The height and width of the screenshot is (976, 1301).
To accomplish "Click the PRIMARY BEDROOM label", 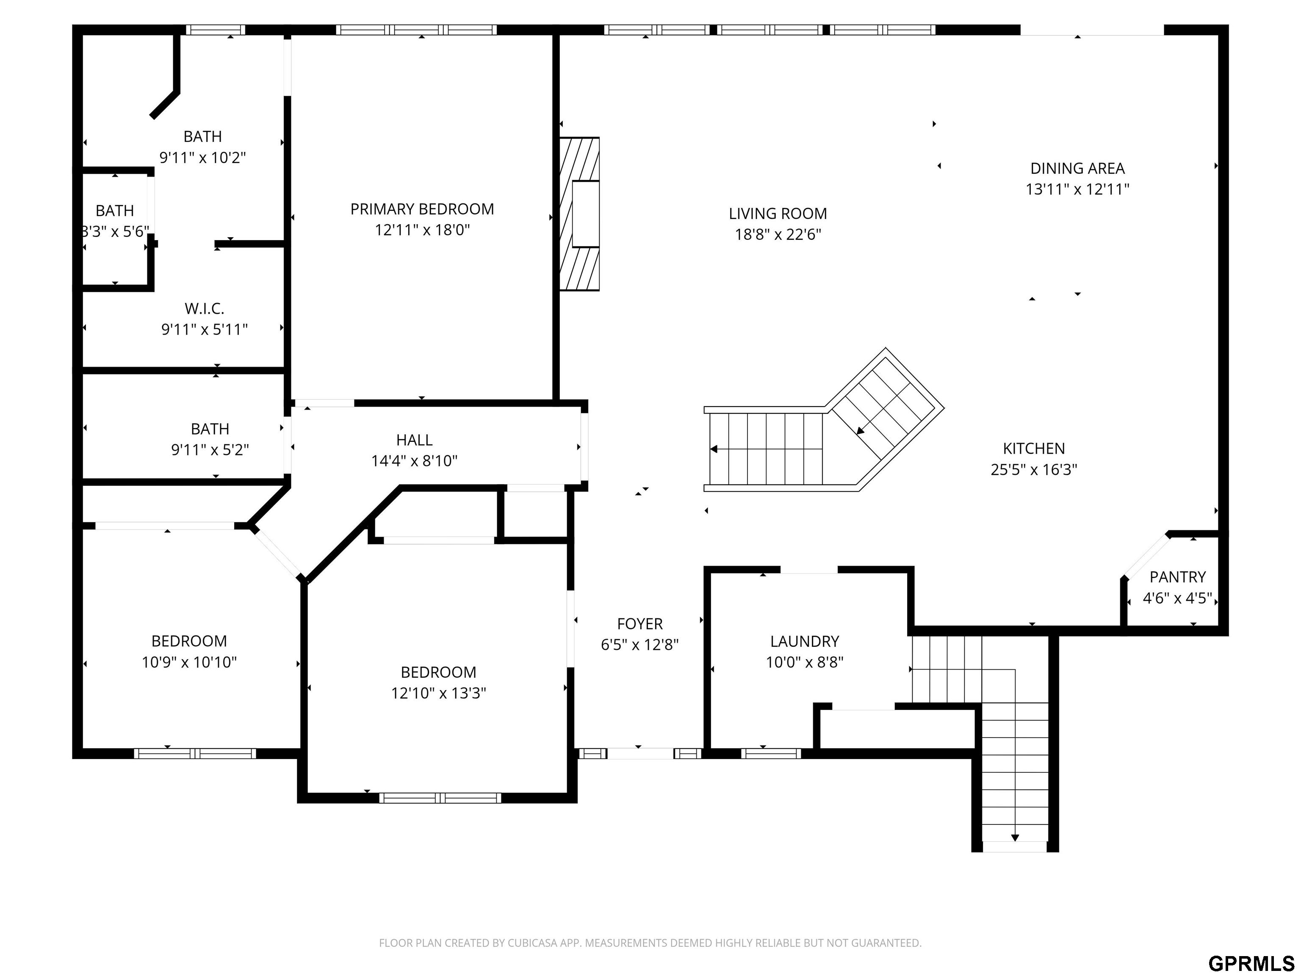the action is (x=422, y=209).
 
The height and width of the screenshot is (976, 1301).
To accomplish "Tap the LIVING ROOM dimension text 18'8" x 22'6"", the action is (x=778, y=234).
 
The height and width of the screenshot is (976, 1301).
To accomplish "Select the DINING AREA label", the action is (x=1077, y=168).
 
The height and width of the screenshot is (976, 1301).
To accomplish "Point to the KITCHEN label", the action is (x=1034, y=448).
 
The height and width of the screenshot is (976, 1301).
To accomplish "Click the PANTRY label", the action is (x=1177, y=577).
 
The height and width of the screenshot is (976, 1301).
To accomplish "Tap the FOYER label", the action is (x=640, y=624).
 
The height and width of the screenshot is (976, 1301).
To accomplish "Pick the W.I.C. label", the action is (x=205, y=308).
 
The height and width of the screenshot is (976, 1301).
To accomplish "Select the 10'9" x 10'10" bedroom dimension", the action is (x=189, y=662).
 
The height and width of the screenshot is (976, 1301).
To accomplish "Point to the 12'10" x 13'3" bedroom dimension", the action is (x=439, y=693).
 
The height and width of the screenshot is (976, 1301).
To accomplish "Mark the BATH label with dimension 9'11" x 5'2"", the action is (x=210, y=429).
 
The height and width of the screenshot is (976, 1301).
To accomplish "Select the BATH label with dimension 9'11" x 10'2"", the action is (x=203, y=136).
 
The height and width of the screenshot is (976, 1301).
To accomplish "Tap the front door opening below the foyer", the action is (x=640, y=753).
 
